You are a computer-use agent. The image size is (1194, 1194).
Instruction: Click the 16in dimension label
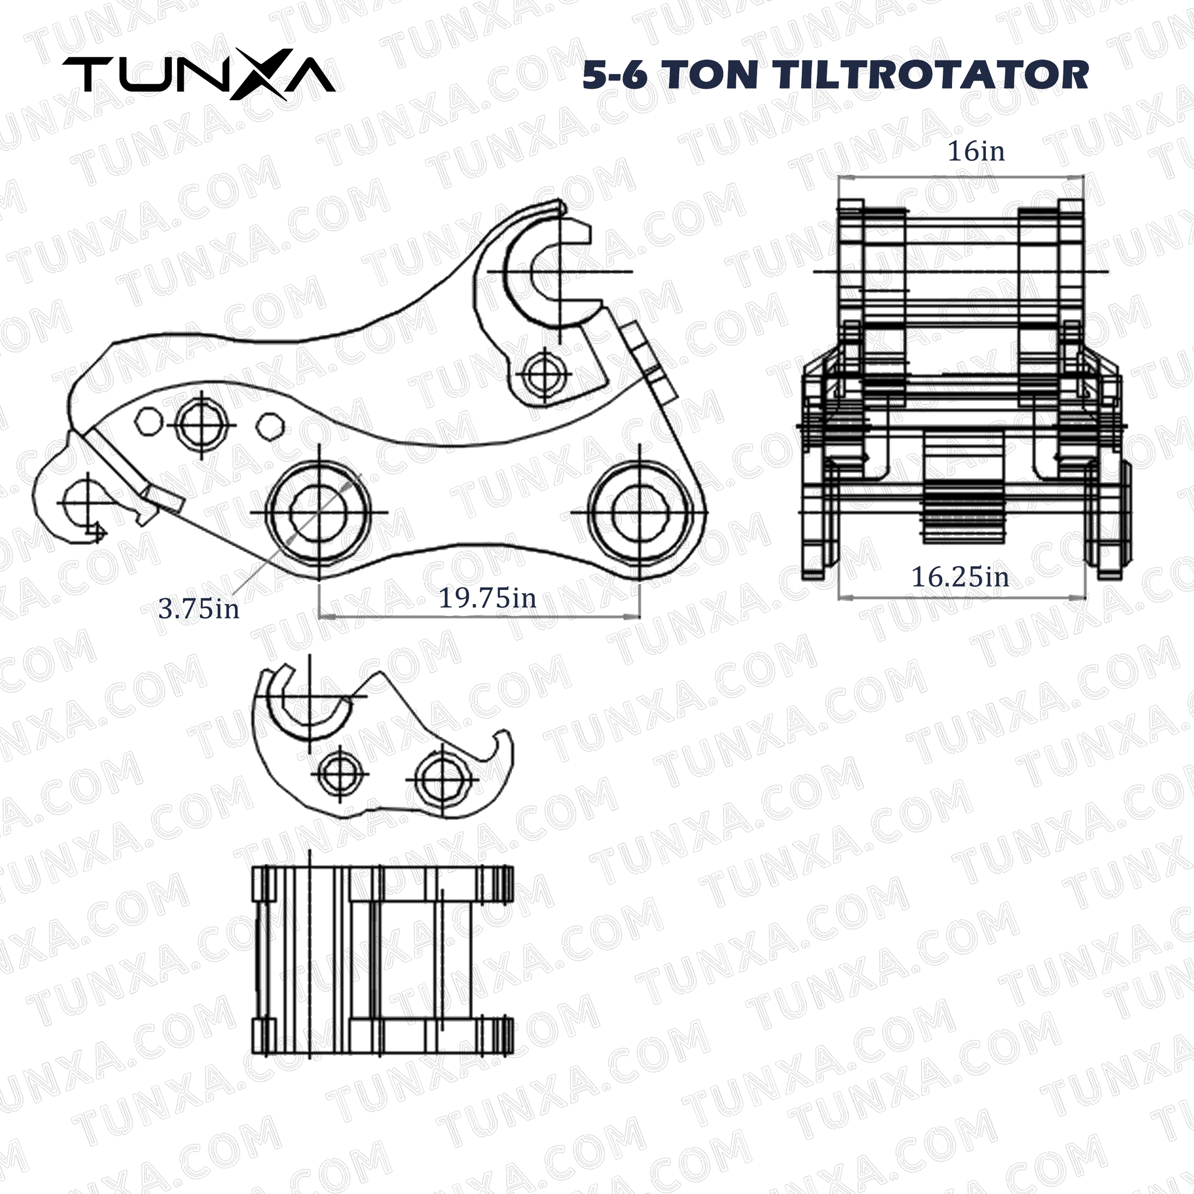tap(976, 152)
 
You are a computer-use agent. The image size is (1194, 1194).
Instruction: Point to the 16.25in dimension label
tap(960, 577)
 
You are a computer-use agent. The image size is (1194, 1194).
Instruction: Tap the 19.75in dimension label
tap(487, 598)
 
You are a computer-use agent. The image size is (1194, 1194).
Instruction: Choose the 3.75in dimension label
tap(198, 609)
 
